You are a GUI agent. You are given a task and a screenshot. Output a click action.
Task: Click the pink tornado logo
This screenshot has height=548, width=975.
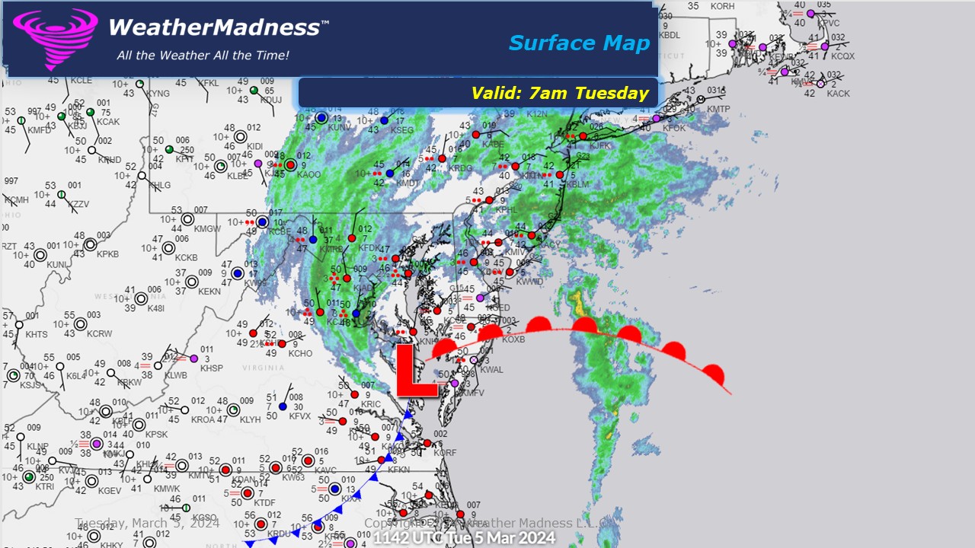point(55,38)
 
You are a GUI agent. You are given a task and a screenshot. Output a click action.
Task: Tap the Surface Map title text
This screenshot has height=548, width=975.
point(579,43)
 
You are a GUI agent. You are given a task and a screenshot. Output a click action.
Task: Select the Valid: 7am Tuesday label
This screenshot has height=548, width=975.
point(560,94)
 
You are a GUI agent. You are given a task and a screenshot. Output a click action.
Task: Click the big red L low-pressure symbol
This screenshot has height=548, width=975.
point(416,371)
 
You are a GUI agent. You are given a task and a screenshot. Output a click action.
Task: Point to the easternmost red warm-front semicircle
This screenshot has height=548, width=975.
point(714,374)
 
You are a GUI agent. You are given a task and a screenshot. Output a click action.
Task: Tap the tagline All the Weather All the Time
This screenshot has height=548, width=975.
point(203,56)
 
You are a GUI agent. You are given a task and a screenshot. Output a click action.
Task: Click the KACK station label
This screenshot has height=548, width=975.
point(838,94)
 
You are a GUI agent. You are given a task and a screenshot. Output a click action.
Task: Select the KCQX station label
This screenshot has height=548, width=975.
point(843,56)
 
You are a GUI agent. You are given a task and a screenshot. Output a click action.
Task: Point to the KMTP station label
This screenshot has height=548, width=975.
point(718,109)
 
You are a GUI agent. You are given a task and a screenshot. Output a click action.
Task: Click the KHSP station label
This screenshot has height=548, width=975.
point(211,368)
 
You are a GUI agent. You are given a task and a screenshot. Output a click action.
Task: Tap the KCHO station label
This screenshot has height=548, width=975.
point(300,354)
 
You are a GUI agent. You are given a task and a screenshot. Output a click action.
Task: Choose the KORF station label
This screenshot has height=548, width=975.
point(445,453)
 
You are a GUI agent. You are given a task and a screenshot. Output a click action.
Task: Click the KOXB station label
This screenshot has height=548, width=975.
point(513,339)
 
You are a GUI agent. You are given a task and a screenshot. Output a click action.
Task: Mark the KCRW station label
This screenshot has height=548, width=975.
point(99,334)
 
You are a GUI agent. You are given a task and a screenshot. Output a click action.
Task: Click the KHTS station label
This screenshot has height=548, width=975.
point(36,335)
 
